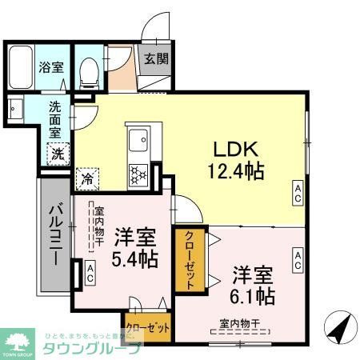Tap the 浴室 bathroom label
point(52,68)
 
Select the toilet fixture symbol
point(91,72)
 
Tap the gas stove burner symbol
point(138,173)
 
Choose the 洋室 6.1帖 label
point(253,284)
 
